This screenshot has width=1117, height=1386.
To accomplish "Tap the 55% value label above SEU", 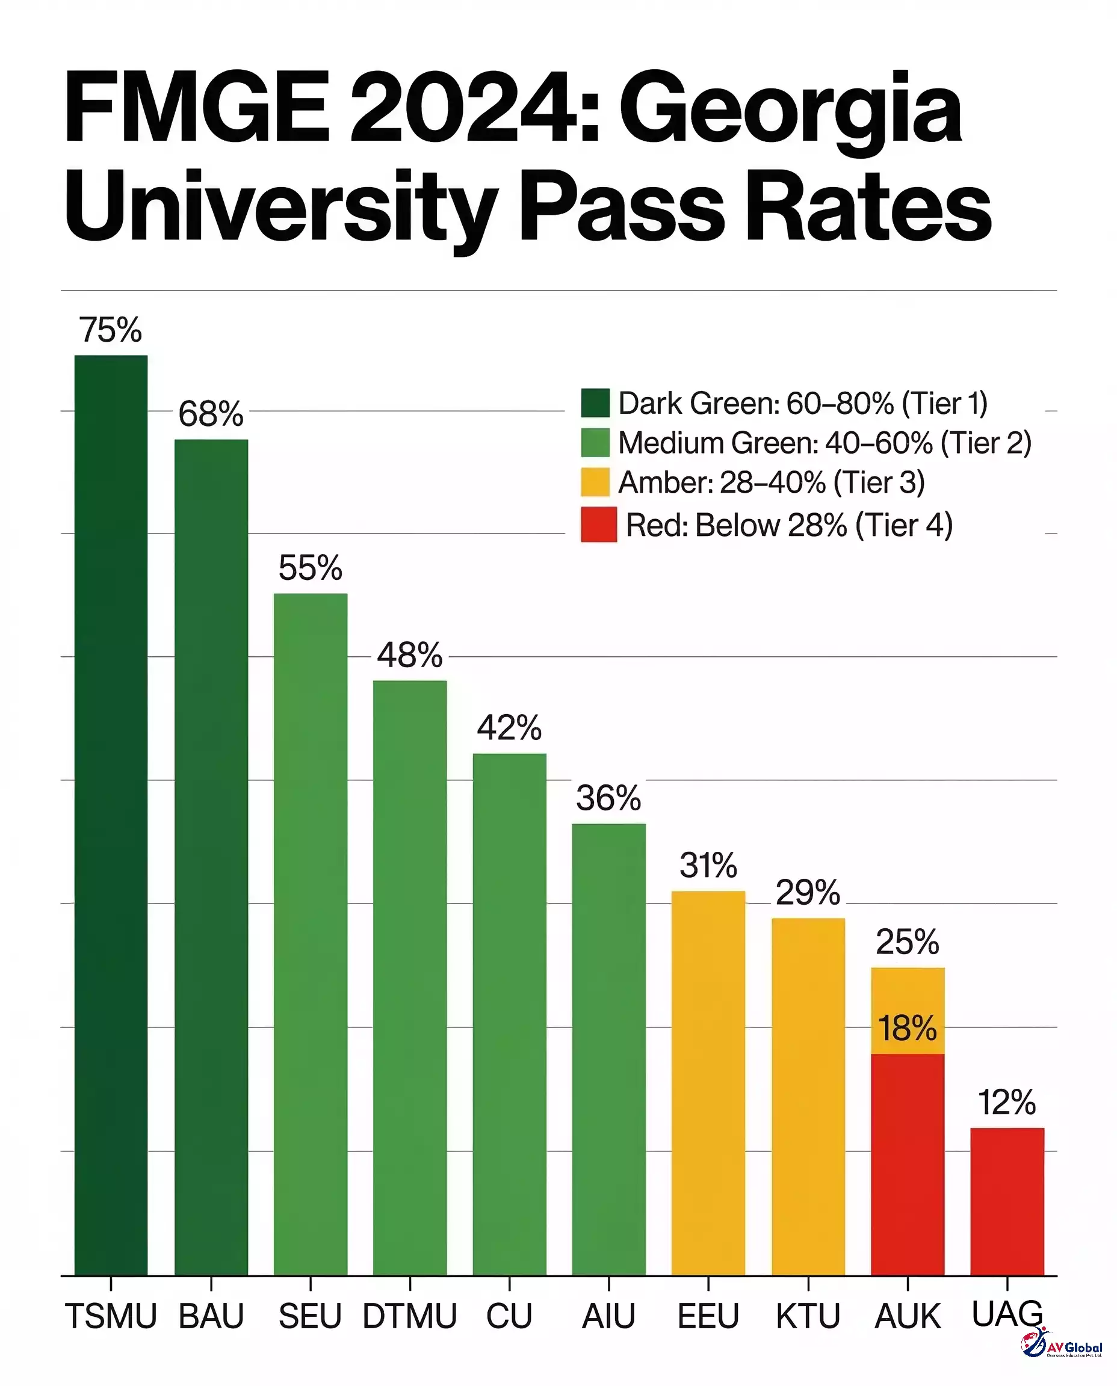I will [310, 568].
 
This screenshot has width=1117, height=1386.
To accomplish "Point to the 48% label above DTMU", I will [410, 655].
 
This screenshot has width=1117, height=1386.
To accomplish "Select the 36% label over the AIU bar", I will [608, 798].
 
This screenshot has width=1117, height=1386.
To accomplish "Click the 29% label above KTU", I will [808, 893].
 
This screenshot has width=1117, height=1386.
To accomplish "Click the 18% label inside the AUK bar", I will [907, 1029].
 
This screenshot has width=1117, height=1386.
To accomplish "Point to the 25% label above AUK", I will [907, 942].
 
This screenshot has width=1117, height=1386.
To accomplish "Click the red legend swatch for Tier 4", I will [598, 525].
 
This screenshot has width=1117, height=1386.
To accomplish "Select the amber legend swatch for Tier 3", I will [595, 482].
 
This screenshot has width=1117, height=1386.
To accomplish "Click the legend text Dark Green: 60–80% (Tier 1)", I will [802, 403].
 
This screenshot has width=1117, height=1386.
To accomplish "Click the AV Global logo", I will [1061, 1343].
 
